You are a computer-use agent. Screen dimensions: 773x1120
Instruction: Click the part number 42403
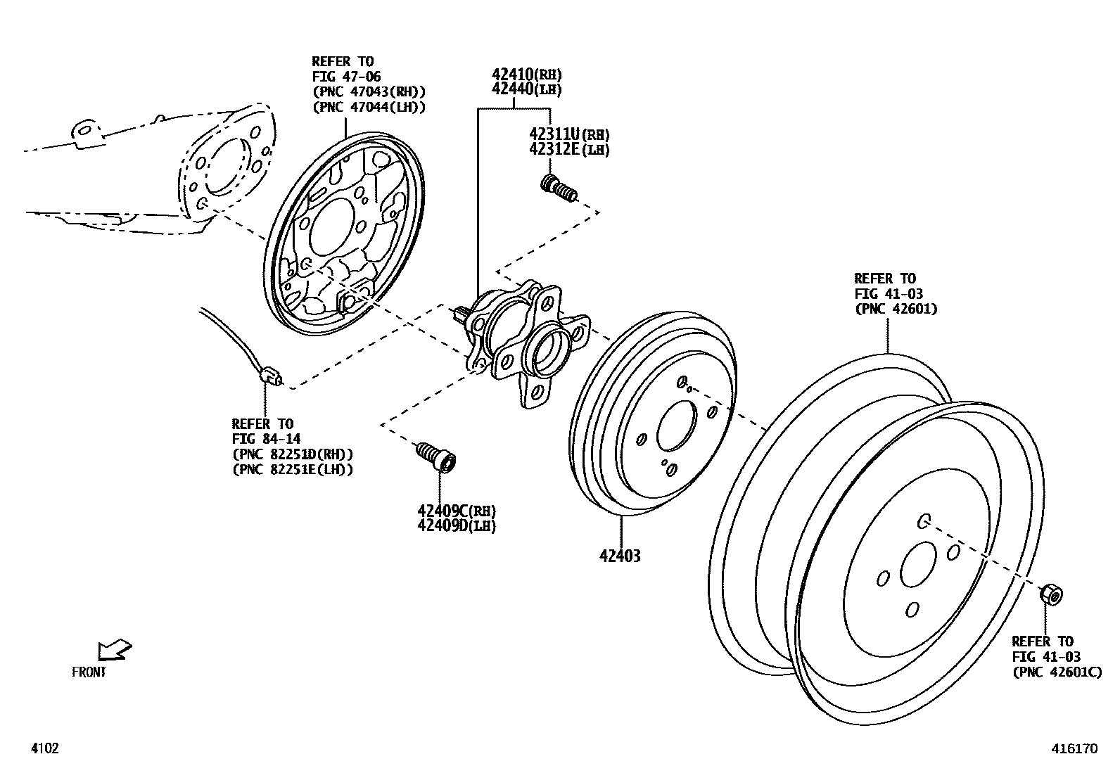pyautogui.click(x=620, y=556)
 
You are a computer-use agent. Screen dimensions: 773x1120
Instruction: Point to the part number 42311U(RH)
pyautogui.click(x=569, y=134)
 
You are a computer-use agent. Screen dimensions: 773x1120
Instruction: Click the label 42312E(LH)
pyautogui.click(x=569, y=149)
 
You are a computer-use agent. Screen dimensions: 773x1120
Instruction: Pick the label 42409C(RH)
pyautogui.click(x=456, y=511)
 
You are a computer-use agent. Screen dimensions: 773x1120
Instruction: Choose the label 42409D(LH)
pyautogui.click(x=456, y=525)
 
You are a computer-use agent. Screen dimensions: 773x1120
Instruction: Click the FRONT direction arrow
pyautogui.click(x=114, y=649)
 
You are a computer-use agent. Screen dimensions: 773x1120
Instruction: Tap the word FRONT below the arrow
pyautogui.click(x=89, y=672)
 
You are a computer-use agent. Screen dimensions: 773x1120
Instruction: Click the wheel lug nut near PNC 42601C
pyautogui.click(x=1050, y=594)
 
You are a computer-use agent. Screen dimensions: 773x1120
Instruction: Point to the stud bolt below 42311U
pyautogui.click(x=559, y=189)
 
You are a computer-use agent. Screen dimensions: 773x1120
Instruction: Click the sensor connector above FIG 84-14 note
pyautogui.click(x=271, y=376)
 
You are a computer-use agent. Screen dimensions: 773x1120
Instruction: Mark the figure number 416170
pyautogui.click(x=1074, y=749)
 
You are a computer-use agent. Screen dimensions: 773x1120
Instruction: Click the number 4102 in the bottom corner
pyautogui.click(x=44, y=748)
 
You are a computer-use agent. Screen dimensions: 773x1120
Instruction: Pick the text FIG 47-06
pyautogui.click(x=346, y=77)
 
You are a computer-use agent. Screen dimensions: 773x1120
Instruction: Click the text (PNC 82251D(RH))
pyautogui.click(x=293, y=454)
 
